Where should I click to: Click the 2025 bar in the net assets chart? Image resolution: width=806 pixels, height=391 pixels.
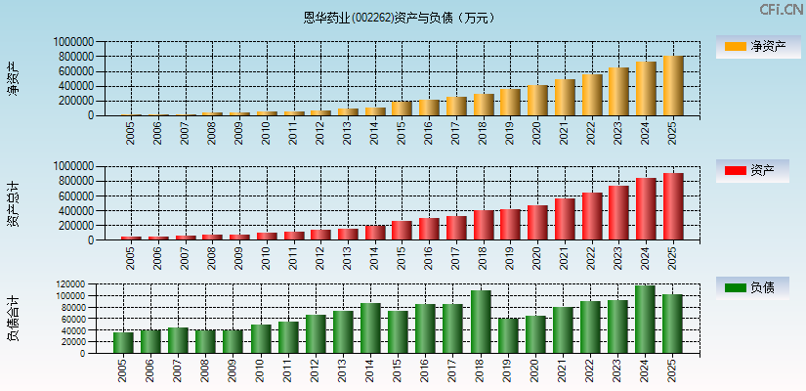coord(673,86)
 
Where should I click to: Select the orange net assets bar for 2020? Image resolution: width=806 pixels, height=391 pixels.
coord(537,101)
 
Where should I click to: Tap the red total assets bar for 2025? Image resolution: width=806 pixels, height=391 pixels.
coord(673,206)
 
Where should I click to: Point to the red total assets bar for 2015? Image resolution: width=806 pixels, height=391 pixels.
coord(402,231)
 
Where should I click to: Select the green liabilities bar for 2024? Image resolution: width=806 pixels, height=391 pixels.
coord(646,320)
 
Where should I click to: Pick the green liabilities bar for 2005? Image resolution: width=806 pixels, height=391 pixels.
coord(123,343)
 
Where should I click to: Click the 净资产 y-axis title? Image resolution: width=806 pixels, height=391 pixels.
coord(14,78)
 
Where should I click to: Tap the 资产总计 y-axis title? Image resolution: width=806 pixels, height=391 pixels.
coord(14,203)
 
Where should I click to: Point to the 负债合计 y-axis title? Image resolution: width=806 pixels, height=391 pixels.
coord(14,319)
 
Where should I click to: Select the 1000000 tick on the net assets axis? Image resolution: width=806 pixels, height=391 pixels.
coord(73,42)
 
